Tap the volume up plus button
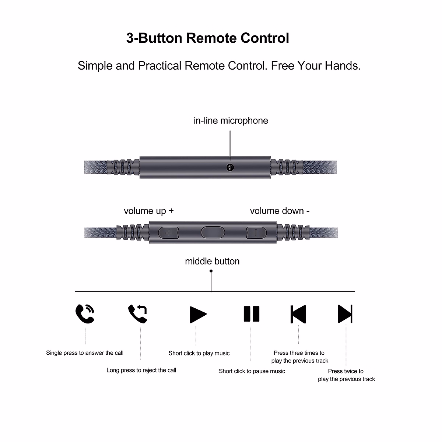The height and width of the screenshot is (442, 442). click(x=169, y=232)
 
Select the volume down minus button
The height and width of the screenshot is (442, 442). click(x=256, y=232)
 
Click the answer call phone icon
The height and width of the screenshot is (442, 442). click(x=85, y=314)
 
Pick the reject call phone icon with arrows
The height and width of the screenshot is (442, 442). click(x=138, y=314)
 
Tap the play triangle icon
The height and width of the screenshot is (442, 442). click(x=198, y=315)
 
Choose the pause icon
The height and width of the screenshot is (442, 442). click(x=252, y=314)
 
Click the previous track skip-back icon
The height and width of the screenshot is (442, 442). click(x=298, y=314)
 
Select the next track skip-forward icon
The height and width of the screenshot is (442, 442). click(x=345, y=314)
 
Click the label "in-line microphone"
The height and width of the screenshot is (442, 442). click(x=231, y=121)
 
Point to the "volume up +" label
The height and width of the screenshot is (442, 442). click(x=148, y=211)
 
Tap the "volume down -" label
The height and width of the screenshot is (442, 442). click(x=280, y=211)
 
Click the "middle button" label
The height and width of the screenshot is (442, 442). click(x=212, y=261)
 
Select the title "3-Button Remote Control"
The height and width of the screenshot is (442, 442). click(x=208, y=38)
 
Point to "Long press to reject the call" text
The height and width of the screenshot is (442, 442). click(x=141, y=370)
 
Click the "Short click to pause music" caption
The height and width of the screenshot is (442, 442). click(x=252, y=371)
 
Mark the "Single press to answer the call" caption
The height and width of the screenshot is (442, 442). click(x=85, y=353)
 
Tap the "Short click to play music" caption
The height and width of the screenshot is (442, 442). click(x=199, y=353)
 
